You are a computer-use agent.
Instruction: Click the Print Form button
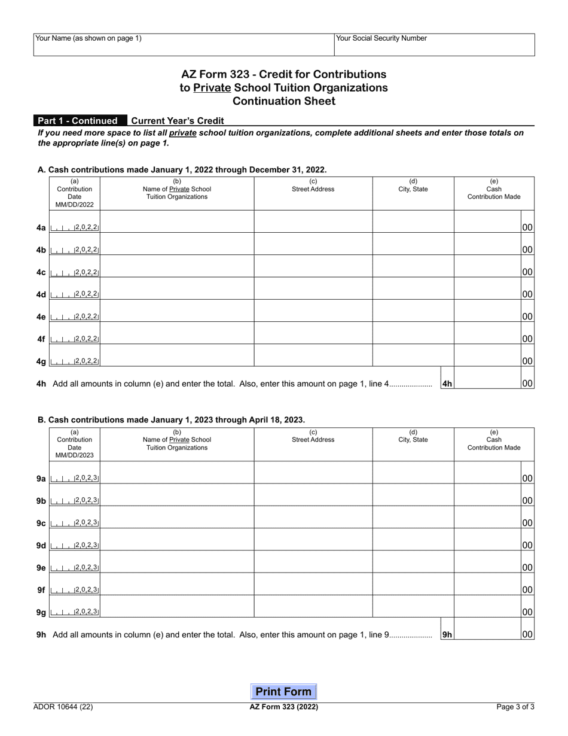tap(283, 692)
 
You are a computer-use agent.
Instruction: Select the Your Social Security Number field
tap(434, 48)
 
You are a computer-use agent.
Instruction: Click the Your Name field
tap(184, 48)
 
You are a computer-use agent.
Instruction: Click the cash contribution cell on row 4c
tap(487, 272)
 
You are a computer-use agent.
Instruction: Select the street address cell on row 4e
tap(313, 317)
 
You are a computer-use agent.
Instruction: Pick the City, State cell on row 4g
tap(413, 361)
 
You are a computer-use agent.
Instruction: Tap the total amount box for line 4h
tap(487, 384)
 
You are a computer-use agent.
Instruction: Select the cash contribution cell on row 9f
tap(487, 589)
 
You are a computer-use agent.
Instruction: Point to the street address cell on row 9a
tap(313, 479)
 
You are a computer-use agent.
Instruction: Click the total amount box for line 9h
tap(487, 634)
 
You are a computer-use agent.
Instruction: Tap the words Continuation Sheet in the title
tap(283, 101)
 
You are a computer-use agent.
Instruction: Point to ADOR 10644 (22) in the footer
tap(63, 707)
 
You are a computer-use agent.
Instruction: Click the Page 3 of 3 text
tap(515, 707)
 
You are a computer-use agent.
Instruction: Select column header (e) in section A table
tap(494, 189)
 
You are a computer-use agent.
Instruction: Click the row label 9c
tap(41, 523)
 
